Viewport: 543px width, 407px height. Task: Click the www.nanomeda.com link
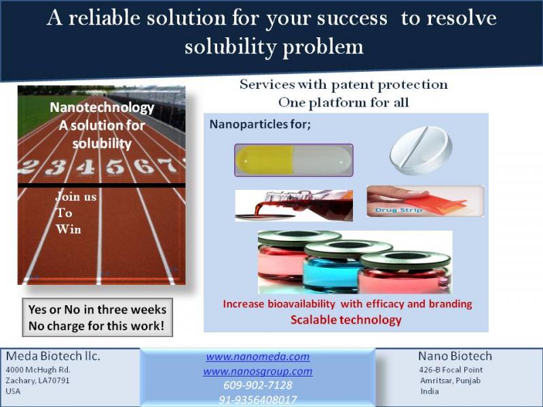coord(258,357)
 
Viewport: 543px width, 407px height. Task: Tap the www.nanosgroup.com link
coord(258,371)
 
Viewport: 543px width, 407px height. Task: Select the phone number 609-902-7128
coord(258,385)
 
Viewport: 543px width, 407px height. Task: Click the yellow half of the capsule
coord(265,160)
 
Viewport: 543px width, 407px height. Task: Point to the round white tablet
coord(421,151)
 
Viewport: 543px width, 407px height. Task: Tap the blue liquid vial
coord(331,267)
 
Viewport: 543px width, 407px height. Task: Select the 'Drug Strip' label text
coord(398,210)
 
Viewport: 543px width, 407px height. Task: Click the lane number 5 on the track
coord(115,166)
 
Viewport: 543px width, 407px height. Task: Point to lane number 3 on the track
coord(56,168)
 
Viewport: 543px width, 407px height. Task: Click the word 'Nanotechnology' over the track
coord(102,108)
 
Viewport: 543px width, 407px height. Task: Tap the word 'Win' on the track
coord(69,229)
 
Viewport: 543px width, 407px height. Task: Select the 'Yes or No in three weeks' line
coord(97,309)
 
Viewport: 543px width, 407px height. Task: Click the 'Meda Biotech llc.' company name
coord(53,356)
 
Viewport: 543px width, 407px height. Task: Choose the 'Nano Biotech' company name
coord(455,356)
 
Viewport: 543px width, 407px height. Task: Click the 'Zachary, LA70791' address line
coord(37,381)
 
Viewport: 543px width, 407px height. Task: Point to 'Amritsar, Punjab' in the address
coord(450,381)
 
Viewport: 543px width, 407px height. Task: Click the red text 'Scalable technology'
coord(346,320)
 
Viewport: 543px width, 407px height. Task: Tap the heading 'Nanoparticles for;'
coord(260,124)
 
